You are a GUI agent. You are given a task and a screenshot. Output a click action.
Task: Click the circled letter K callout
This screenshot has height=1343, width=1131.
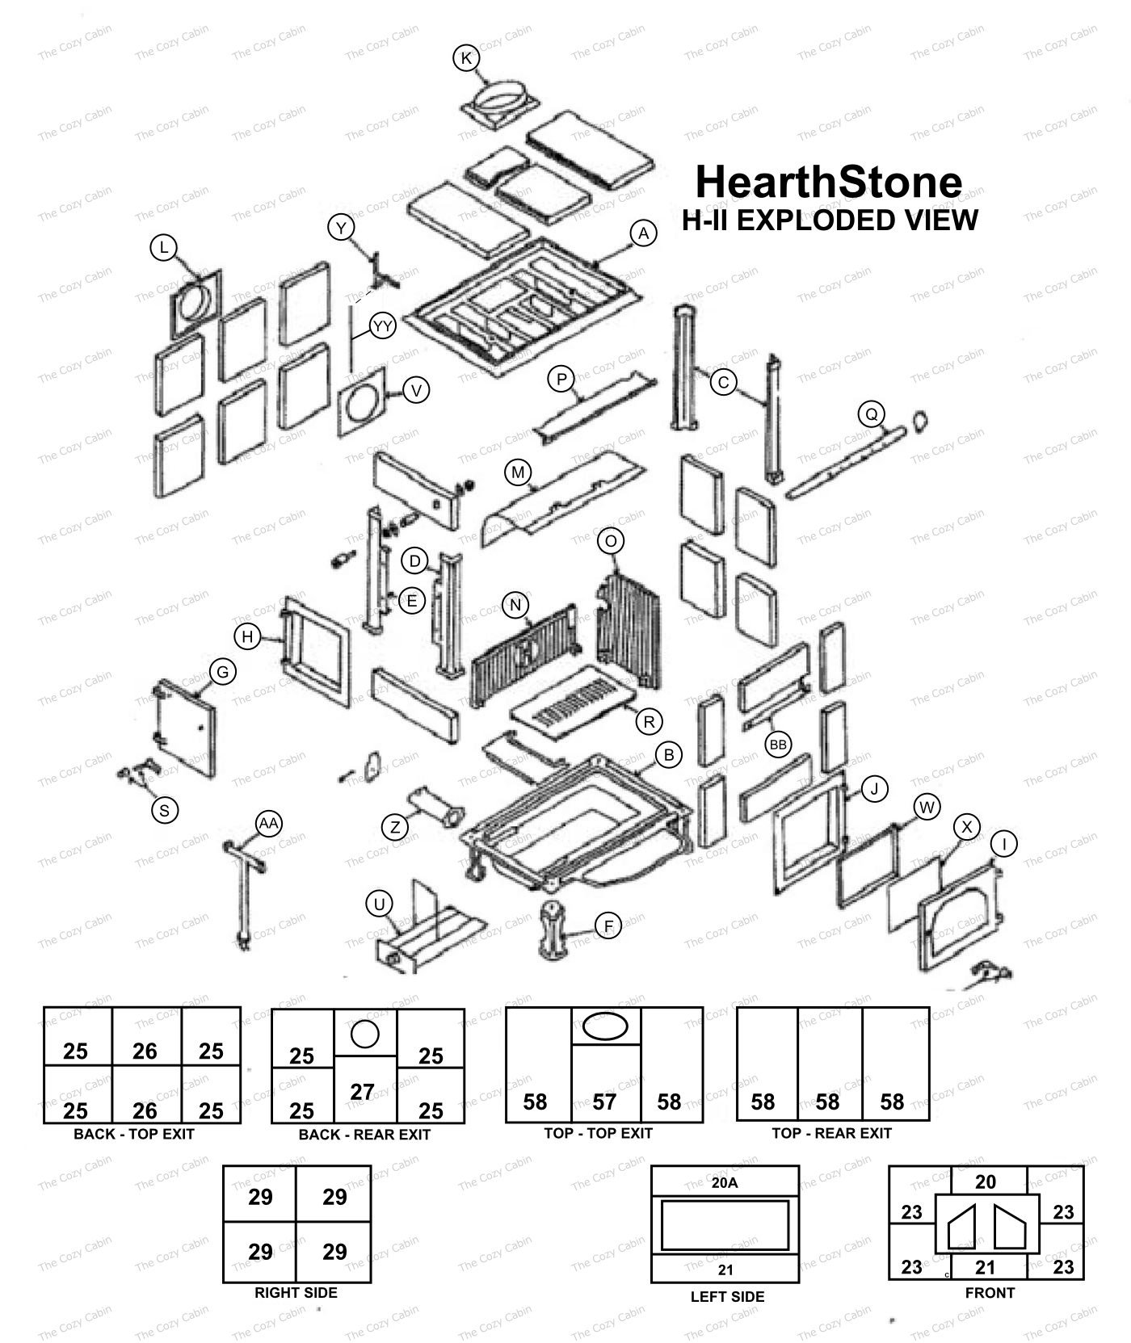tap(466, 58)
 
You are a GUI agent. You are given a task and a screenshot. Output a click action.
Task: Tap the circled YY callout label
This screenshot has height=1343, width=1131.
tap(382, 326)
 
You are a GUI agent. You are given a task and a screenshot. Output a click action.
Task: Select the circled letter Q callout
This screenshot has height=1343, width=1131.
tap(871, 415)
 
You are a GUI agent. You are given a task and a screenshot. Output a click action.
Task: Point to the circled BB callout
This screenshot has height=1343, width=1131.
tap(778, 745)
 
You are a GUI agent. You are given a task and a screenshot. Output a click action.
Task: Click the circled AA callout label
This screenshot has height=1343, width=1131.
tap(268, 824)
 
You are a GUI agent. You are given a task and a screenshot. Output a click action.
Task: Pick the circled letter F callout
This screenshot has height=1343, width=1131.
tap(608, 925)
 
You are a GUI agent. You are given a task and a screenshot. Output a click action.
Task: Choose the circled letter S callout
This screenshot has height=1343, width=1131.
tap(165, 810)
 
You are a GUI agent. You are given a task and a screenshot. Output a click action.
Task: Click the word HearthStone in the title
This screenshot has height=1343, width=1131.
tap(829, 183)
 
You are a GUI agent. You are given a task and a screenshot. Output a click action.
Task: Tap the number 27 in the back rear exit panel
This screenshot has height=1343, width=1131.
tap(362, 1092)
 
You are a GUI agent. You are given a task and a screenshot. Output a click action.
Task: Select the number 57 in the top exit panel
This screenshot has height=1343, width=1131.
tap(604, 1102)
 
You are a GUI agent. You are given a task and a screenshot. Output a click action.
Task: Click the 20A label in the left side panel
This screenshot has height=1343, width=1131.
tap(725, 1183)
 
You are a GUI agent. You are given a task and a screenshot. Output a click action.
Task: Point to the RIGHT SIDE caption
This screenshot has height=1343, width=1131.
tap(296, 1293)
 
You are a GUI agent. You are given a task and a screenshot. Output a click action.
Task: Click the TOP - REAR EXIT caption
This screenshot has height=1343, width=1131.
tap(831, 1133)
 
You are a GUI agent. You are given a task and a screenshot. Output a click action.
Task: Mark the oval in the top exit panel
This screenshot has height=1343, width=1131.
tap(605, 1026)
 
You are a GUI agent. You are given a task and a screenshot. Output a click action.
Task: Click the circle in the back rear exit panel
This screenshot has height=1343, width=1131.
tap(365, 1034)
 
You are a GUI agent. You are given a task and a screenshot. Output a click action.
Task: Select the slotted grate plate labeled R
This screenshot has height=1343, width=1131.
tap(574, 699)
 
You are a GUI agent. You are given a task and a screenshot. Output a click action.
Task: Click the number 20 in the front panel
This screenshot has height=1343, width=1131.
tap(986, 1181)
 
